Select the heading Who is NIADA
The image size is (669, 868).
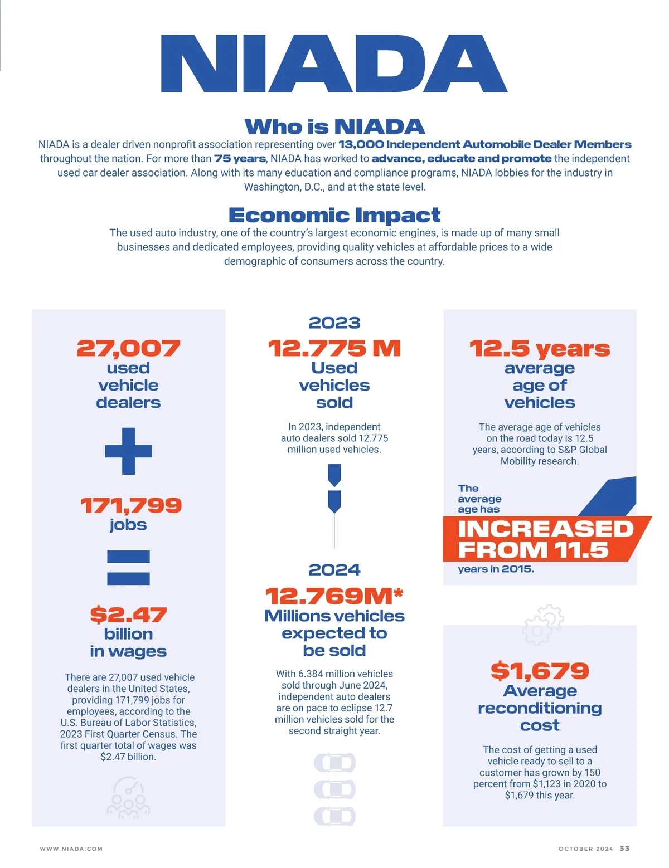point(334,126)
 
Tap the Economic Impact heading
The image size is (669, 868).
point(334,215)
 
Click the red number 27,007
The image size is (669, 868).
point(128,349)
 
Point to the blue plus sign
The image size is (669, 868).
point(128,451)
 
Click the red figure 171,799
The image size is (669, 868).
point(130,505)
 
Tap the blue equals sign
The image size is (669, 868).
point(128,567)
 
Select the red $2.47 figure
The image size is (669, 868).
point(128,615)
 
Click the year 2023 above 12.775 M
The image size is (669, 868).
point(334,323)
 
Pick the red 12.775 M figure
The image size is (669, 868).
point(334,349)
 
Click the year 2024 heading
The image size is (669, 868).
point(334,569)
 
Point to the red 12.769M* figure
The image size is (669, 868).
point(334,596)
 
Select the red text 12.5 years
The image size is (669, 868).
point(540,349)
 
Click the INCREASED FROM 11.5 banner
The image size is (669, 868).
point(545,539)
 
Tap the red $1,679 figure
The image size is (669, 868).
point(540,671)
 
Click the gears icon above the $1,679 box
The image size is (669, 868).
point(542,625)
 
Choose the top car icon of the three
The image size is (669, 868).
point(334,763)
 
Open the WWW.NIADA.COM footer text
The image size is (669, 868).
point(71,849)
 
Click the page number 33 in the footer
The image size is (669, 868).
point(624,848)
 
